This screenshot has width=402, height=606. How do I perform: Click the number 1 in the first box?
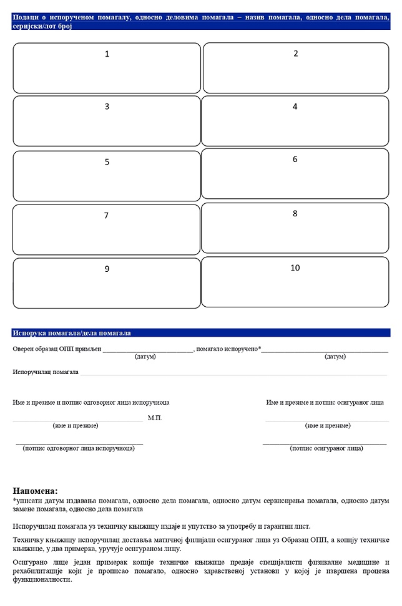pyautogui.click(x=107, y=54)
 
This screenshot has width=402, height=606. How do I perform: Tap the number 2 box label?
pyautogui.click(x=296, y=54)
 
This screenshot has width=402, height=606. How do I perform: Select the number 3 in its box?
pyautogui.click(x=107, y=107)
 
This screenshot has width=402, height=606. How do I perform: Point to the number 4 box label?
pyautogui.click(x=295, y=107)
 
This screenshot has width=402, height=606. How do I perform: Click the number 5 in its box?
pyautogui.click(x=107, y=162)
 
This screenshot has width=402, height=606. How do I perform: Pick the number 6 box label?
pyautogui.click(x=295, y=160)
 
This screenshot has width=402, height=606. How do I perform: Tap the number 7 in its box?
pyautogui.click(x=106, y=216)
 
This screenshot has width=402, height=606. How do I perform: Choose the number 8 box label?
pyautogui.click(x=295, y=214)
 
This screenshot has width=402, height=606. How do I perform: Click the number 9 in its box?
pyautogui.click(x=107, y=269)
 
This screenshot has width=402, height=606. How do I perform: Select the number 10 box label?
pyautogui.click(x=295, y=268)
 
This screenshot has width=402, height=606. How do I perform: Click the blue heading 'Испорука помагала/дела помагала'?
pyautogui.click(x=72, y=334)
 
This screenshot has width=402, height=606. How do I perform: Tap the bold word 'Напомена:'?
pyautogui.click(x=35, y=491)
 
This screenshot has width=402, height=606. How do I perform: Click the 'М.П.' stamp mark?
pyautogui.click(x=155, y=418)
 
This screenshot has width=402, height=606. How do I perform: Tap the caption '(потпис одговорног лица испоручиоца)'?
pyautogui.click(x=79, y=448)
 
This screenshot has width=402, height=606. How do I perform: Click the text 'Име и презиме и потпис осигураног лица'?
pyautogui.click(x=325, y=403)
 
